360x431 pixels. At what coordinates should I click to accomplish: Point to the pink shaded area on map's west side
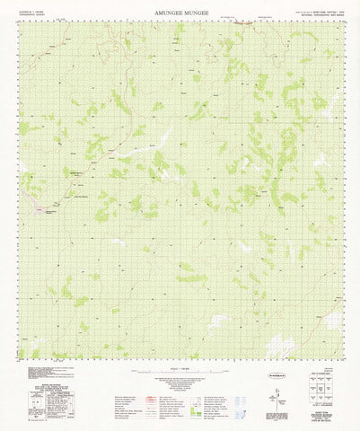pyautogui.click(x=40, y=209)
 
